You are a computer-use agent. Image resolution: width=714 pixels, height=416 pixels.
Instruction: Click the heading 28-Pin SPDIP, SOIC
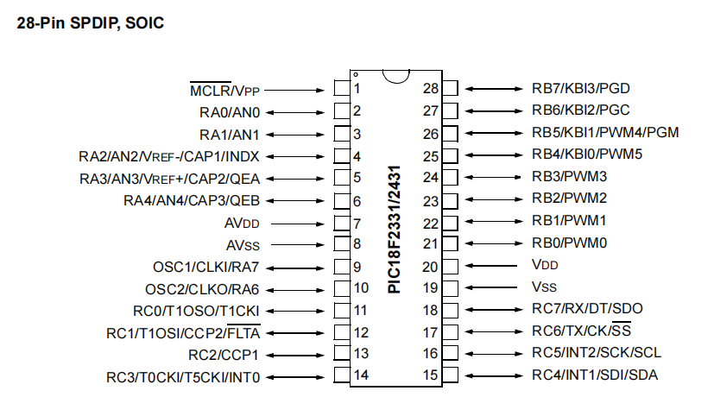click(x=90, y=22)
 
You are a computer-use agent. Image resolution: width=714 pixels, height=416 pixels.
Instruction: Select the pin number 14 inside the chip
click(x=362, y=376)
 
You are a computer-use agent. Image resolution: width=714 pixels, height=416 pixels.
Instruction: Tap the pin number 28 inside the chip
click(x=430, y=90)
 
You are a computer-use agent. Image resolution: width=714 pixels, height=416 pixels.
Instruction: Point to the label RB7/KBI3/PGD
click(x=581, y=90)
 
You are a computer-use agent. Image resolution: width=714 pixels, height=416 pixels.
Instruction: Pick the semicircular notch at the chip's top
click(x=395, y=77)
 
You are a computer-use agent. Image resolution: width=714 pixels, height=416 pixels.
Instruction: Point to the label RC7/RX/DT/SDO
click(x=587, y=309)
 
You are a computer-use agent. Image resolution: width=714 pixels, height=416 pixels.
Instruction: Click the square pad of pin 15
click(x=450, y=375)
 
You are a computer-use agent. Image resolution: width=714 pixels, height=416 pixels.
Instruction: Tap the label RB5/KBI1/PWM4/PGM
click(x=605, y=134)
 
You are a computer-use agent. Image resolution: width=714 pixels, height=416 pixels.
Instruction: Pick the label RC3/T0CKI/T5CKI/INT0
click(x=183, y=377)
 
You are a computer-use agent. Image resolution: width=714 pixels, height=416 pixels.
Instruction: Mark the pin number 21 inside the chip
click(x=430, y=244)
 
